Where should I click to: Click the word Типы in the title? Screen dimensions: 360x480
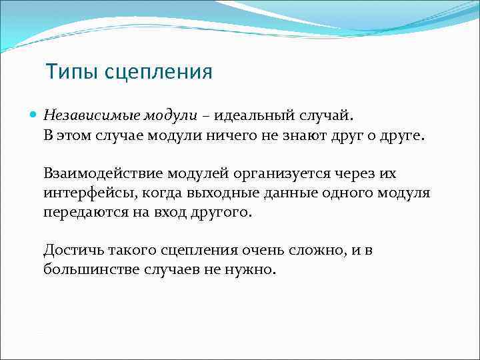(x=71, y=72)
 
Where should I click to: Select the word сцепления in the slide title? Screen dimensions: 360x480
(x=157, y=72)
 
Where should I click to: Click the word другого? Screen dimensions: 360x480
(x=222, y=213)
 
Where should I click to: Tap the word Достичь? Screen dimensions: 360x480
(x=68, y=251)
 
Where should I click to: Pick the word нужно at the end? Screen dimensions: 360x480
(x=253, y=270)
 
